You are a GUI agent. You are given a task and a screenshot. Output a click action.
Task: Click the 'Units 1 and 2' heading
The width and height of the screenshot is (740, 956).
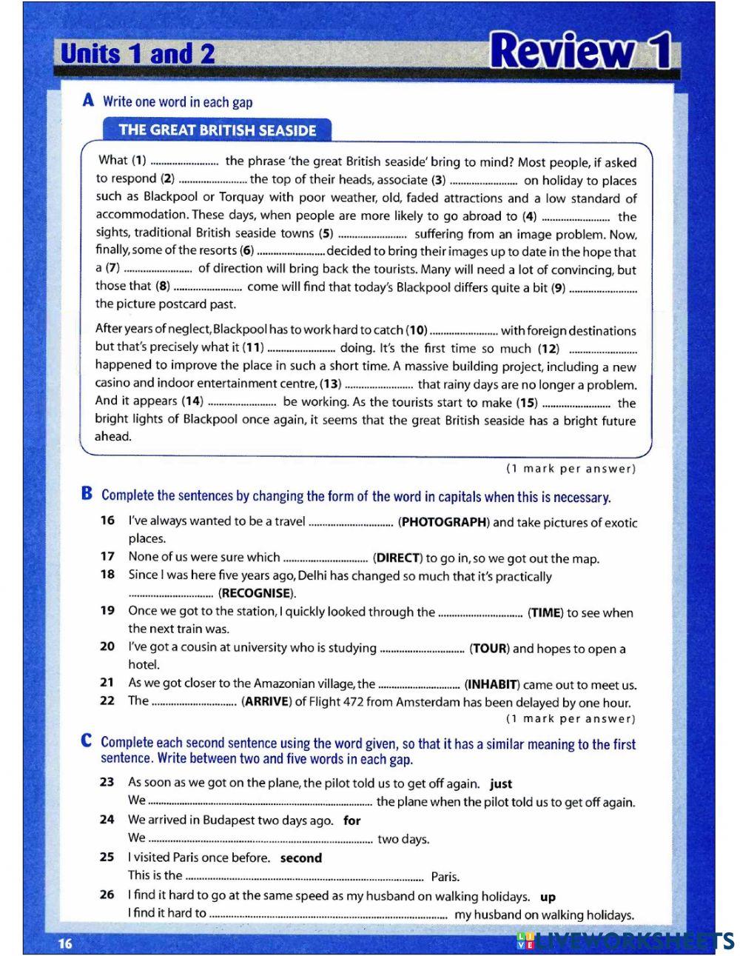pos(138,54)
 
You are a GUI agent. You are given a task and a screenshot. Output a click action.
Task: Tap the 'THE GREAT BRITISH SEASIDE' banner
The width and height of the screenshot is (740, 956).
pos(217,130)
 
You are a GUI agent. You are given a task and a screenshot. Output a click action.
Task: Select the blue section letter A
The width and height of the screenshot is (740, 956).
pos(89,101)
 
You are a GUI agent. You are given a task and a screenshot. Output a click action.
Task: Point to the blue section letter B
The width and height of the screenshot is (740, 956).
pos(87,494)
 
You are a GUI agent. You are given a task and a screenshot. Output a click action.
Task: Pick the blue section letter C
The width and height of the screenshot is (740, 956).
pos(87,741)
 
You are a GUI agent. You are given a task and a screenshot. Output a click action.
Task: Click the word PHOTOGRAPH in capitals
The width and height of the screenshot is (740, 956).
pos(443,522)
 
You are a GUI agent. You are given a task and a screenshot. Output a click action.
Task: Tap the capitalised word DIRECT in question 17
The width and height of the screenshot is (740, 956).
pos(397,558)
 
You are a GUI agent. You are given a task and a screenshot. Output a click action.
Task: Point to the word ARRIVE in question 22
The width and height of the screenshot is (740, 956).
pos(266,702)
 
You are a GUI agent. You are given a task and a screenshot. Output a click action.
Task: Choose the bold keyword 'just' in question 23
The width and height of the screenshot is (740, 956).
pos(501,783)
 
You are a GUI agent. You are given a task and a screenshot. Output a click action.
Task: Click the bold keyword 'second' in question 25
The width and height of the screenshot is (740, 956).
pos(301,858)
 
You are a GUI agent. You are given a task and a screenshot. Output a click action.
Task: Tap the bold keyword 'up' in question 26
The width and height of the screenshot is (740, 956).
pos(548,897)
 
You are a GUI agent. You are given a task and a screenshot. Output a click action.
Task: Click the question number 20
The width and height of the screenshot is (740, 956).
pos(107,647)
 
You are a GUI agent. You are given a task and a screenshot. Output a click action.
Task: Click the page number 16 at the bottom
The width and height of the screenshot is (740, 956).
pos(65,943)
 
